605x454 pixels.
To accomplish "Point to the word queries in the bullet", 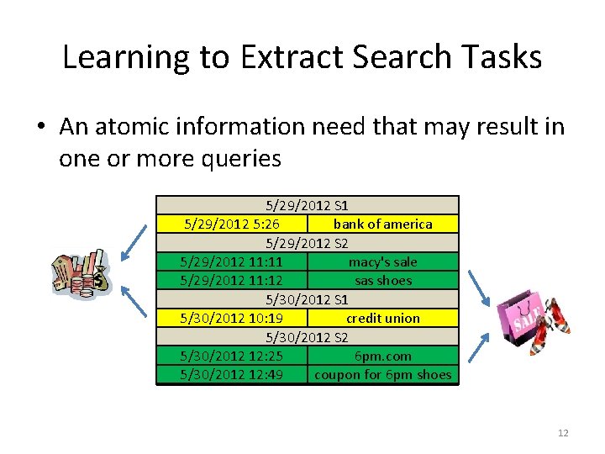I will (x=239, y=159).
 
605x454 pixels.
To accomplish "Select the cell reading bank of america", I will (x=383, y=224).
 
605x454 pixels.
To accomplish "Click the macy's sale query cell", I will (x=383, y=261).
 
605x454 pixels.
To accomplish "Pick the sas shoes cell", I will (x=383, y=280).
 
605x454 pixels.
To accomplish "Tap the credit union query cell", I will (x=383, y=318).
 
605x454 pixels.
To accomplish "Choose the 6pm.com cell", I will (x=383, y=356).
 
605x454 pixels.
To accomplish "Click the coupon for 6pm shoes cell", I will (x=383, y=374).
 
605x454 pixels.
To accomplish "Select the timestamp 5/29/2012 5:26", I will (x=232, y=224).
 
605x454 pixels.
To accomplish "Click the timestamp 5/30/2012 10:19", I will (x=232, y=318).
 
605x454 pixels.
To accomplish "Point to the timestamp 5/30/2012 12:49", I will (x=232, y=374).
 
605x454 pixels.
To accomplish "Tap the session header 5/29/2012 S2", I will (x=308, y=243).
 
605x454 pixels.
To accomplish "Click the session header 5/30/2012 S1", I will (x=308, y=299).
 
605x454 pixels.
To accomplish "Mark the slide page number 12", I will (x=562, y=433).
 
